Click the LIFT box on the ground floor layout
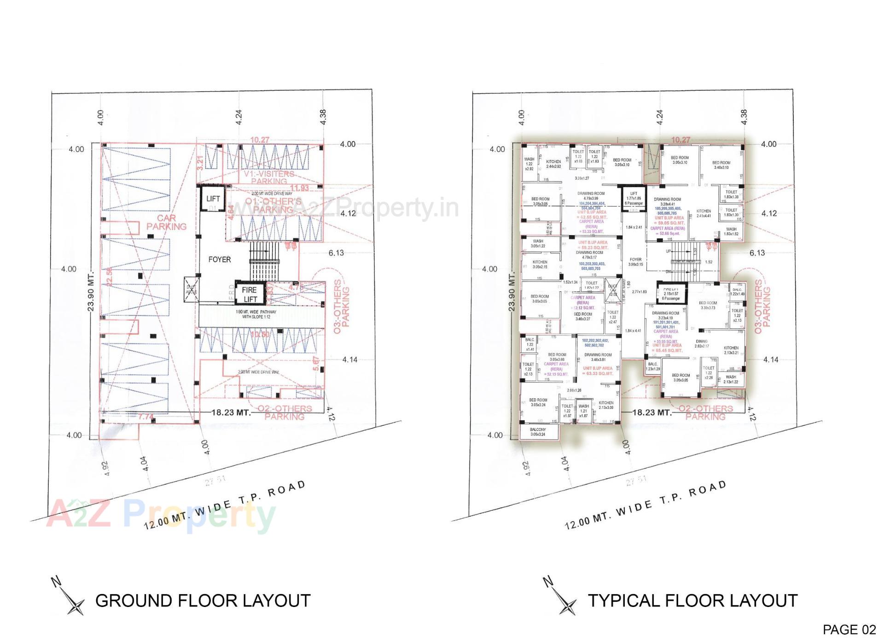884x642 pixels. click(x=213, y=199)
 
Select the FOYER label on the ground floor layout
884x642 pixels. click(x=220, y=259)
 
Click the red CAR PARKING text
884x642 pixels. click(x=166, y=222)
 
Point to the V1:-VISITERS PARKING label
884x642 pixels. click(x=269, y=177)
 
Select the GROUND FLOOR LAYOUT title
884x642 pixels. click(x=203, y=601)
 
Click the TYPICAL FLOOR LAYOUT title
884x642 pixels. click(x=692, y=601)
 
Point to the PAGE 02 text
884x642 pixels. click(x=849, y=630)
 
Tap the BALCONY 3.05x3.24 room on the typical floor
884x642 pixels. click(x=538, y=432)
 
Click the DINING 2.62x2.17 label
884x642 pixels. click(x=702, y=344)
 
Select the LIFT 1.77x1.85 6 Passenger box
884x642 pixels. click(x=634, y=199)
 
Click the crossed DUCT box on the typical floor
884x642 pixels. click(x=612, y=289)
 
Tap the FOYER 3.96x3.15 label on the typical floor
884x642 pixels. click(x=635, y=262)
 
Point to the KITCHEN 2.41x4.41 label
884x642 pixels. click(x=704, y=213)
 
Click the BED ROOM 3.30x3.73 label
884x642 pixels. click(x=708, y=305)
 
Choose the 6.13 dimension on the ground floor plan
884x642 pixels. click(x=336, y=253)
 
